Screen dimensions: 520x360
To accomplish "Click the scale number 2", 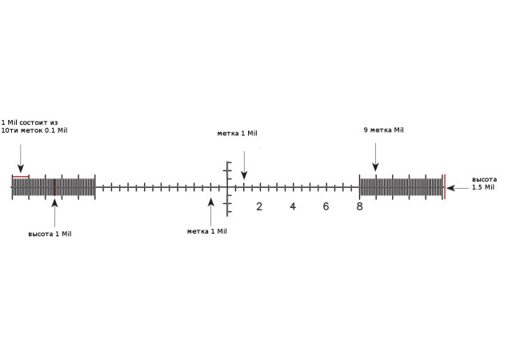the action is (x=259, y=206).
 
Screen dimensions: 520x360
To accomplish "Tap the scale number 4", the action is (x=293, y=206).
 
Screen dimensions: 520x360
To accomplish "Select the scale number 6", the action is (x=326, y=206).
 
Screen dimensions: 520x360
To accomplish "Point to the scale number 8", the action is (x=359, y=206).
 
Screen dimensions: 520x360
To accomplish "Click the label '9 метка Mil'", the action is (x=384, y=130).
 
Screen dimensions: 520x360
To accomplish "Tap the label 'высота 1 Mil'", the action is (x=50, y=234).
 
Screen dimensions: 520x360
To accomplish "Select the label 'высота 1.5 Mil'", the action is (x=485, y=183).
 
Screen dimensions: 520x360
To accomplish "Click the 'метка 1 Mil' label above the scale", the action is (x=237, y=134).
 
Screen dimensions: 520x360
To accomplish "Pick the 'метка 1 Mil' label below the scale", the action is (x=207, y=231).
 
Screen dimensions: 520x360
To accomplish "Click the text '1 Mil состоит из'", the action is (x=30, y=122).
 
